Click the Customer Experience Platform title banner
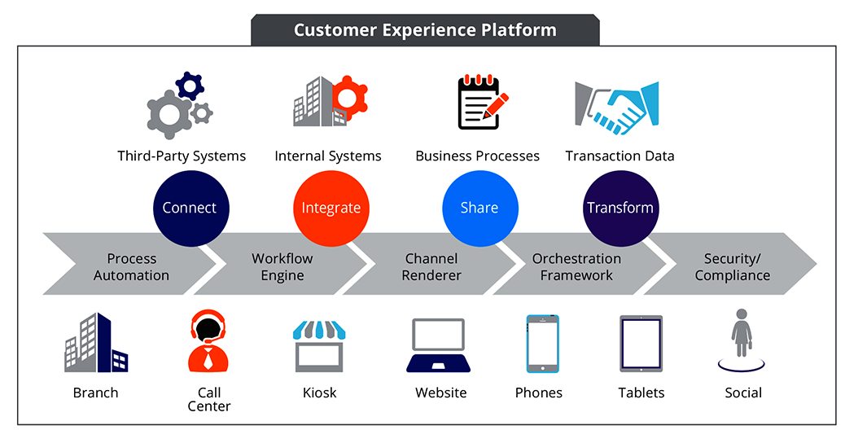pos(425,30)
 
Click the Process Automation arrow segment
pos(131,266)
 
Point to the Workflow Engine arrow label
pos(282,266)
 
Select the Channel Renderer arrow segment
pos(431,266)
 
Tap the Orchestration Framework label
pos(576,266)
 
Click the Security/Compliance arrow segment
pos(732,266)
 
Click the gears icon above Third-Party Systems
pos(180,105)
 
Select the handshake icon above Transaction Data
pos(616,107)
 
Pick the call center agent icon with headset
pos(208,341)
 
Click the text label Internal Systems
pos(328,156)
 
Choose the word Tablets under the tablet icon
pos(641,393)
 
